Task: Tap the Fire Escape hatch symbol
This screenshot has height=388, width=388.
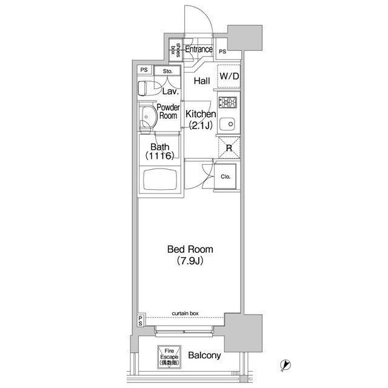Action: point(169,357)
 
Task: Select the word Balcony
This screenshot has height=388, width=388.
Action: point(204,355)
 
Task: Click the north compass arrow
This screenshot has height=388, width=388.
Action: point(286,365)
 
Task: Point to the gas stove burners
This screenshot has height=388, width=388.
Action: point(228,102)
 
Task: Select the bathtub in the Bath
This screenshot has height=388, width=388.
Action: point(160,180)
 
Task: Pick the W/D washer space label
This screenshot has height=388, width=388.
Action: point(229,76)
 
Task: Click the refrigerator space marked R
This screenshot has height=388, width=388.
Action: point(229,148)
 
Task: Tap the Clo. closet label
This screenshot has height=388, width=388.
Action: point(226,176)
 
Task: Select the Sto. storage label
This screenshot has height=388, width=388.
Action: point(167,72)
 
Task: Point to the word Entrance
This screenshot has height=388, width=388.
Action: point(199,49)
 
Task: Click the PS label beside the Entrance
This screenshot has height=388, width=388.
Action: point(222,52)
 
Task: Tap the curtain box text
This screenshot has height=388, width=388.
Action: point(185,313)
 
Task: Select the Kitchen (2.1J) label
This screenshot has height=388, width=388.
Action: point(201,120)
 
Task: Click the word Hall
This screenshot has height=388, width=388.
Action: point(202,81)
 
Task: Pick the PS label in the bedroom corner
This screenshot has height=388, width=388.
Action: point(140,321)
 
